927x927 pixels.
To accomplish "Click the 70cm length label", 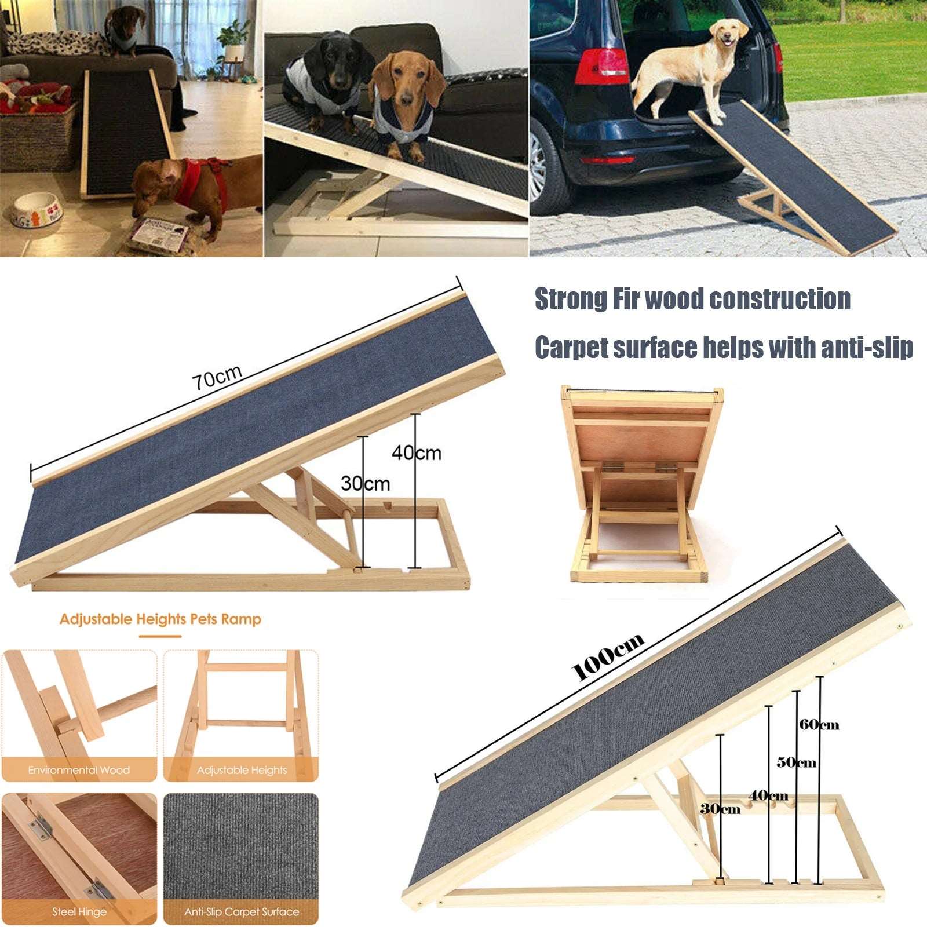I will coord(217,378).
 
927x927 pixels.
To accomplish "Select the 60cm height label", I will coord(819,725).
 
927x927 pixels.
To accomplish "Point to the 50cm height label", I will coord(796,762).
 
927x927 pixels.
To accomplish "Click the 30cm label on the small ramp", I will coord(365,484).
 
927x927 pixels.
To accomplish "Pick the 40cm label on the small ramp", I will coord(417,452).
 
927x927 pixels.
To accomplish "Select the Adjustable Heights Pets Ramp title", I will coord(160,619).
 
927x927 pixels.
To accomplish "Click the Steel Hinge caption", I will coord(79,911).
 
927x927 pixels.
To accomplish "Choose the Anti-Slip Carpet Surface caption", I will coord(242,911).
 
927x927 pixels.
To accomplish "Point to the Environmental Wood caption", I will coord(79,770).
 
